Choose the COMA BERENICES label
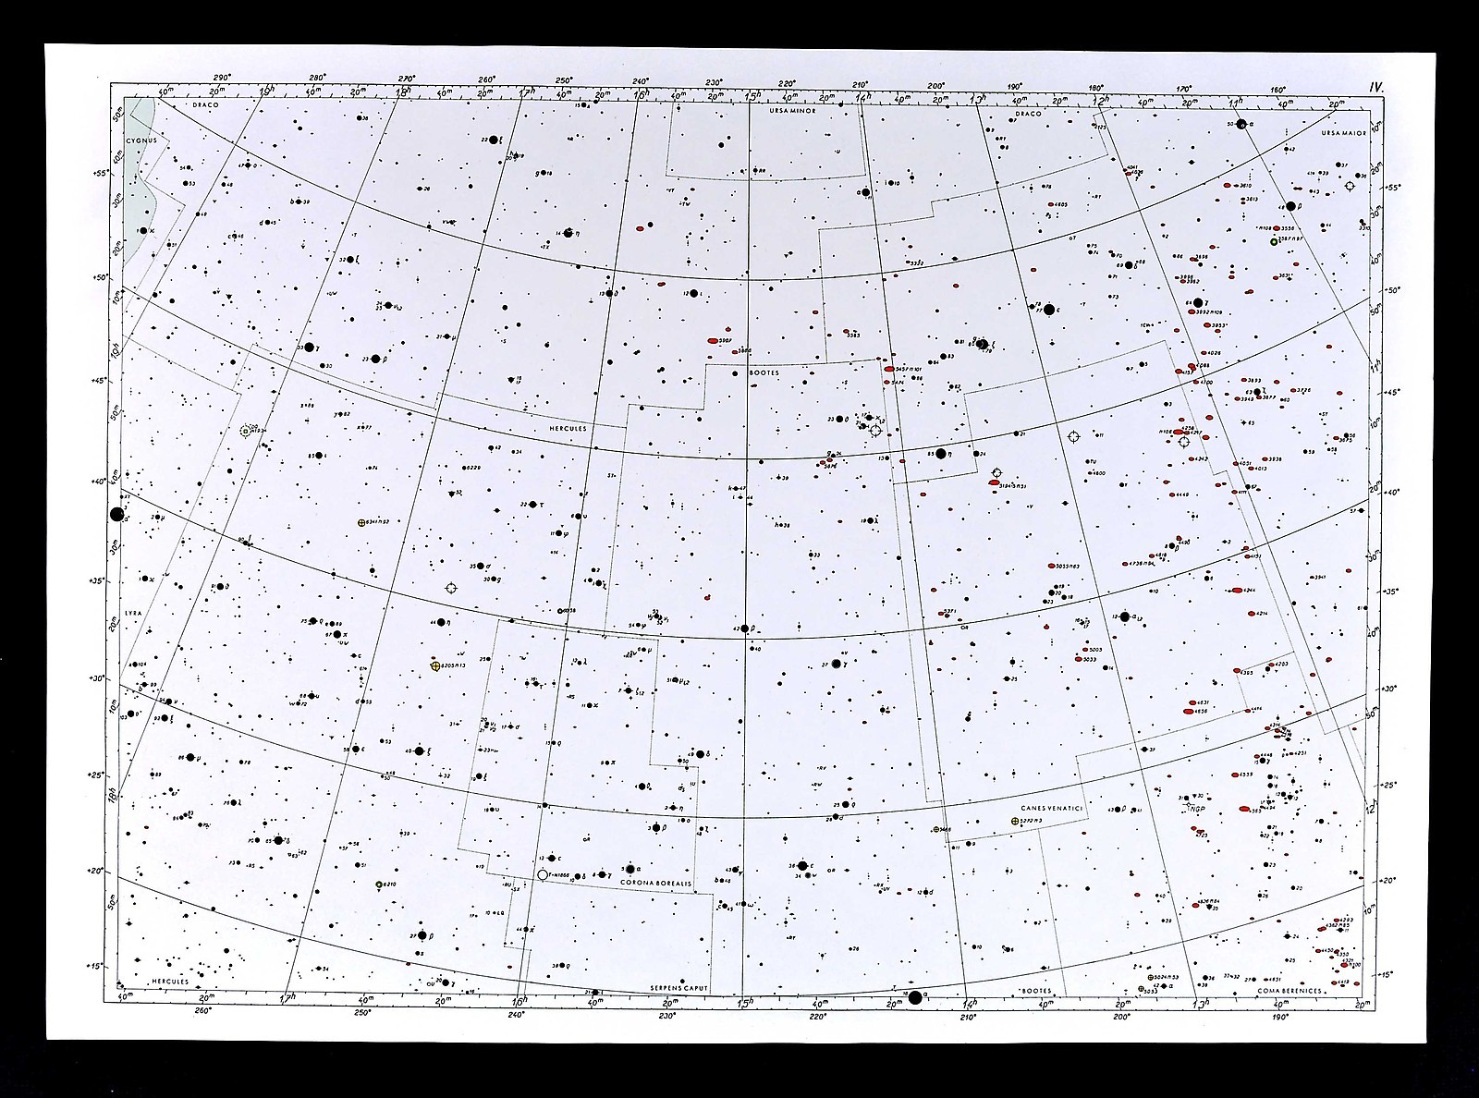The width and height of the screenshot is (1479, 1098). click(1290, 991)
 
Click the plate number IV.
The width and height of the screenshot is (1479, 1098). click(1375, 87)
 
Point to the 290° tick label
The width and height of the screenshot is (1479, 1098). click(221, 79)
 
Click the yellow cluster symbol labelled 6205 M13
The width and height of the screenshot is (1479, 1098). click(435, 665)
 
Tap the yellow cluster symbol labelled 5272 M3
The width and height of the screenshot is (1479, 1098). click(1016, 822)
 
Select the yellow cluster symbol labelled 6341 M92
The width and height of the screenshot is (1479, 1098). click(361, 523)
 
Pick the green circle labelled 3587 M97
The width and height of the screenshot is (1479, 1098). click(1274, 242)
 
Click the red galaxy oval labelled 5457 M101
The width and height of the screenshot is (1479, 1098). click(890, 368)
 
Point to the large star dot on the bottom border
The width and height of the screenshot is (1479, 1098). click(915, 996)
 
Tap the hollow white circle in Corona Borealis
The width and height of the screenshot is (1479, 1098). click(543, 874)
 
